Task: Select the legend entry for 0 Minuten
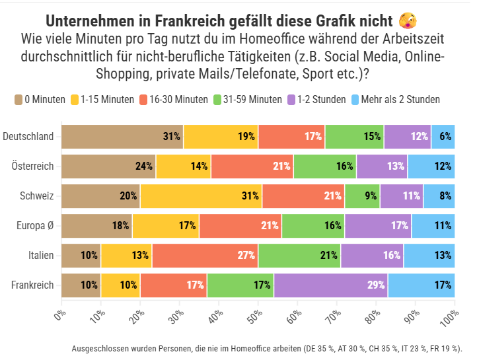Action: coord(40,100)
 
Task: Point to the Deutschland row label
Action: coord(28,137)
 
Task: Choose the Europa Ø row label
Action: coord(36,226)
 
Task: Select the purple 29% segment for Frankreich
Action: coord(330,285)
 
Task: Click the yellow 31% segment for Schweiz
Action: coord(201,196)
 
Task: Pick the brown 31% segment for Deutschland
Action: coord(122,137)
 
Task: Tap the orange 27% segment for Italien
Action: coord(205,255)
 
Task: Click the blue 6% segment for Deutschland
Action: coord(443,137)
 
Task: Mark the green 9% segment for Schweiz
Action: coord(362,196)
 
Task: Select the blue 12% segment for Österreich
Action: coord(431,166)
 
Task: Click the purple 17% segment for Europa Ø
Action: coord(378,226)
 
